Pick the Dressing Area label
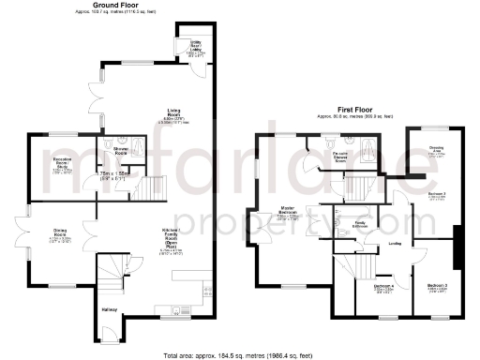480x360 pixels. coord(437,147)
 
